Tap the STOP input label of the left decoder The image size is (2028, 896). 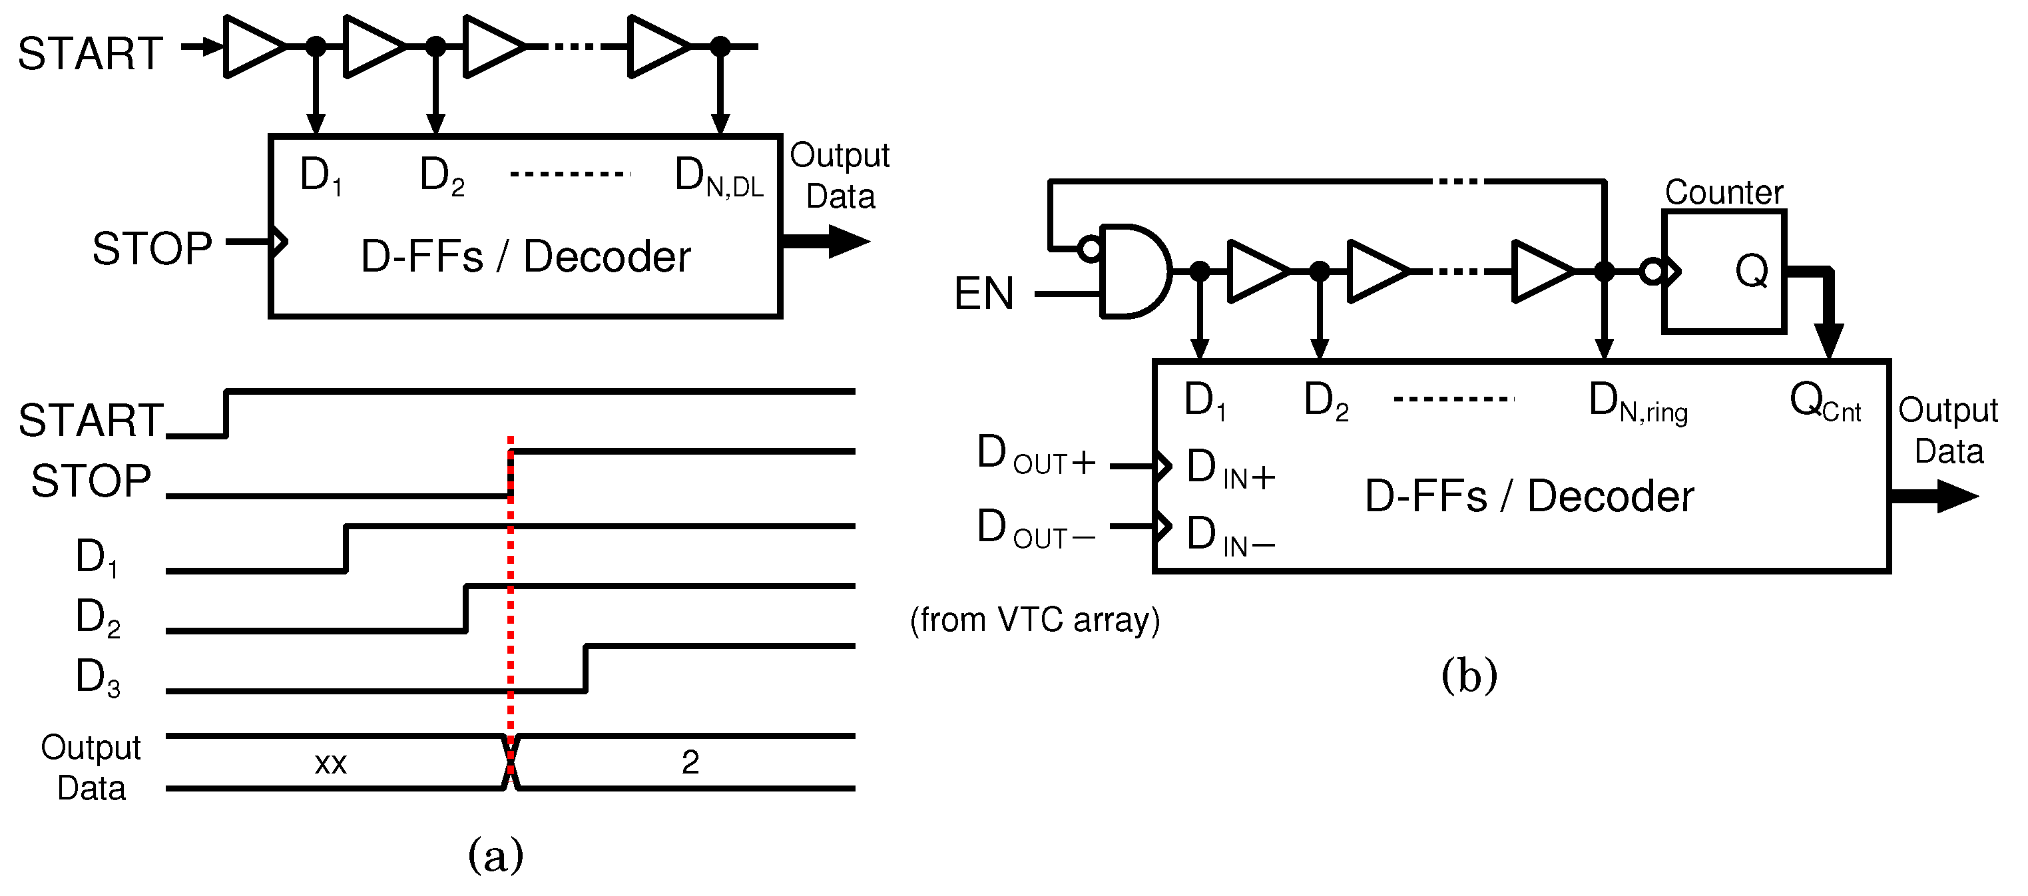point(152,249)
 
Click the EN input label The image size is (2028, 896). point(983,294)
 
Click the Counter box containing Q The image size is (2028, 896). point(1724,272)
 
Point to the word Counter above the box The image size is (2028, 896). point(1723,192)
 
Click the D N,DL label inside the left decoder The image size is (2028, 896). point(717,176)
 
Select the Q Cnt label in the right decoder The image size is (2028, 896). point(1824,401)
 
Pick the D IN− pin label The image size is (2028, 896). point(1229,536)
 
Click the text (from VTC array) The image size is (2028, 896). point(1035,620)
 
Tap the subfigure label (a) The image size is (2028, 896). point(495,855)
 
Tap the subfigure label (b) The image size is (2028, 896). point(1468,676)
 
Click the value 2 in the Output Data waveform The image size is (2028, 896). point(690,762)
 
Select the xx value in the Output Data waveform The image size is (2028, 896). point(331,763)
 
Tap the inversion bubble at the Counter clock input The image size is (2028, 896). point(1652,272)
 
